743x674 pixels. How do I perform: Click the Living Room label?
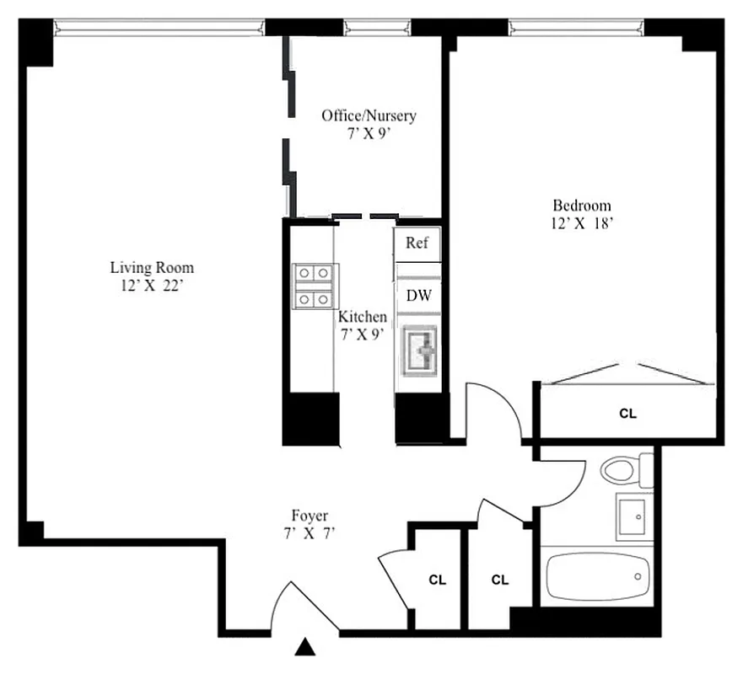click(152, 268)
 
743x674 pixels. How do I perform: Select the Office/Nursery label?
click(369, 115)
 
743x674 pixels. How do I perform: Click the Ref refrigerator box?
click(417, 243)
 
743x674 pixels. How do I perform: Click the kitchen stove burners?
click(314, 286)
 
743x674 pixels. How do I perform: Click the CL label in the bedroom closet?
click(627, 414)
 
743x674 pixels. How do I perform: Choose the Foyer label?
click(310, 516)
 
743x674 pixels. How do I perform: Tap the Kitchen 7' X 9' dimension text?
click(363, 334)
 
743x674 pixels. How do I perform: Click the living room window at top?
click(159, 27)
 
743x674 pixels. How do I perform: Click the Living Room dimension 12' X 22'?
click(152, 286)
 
